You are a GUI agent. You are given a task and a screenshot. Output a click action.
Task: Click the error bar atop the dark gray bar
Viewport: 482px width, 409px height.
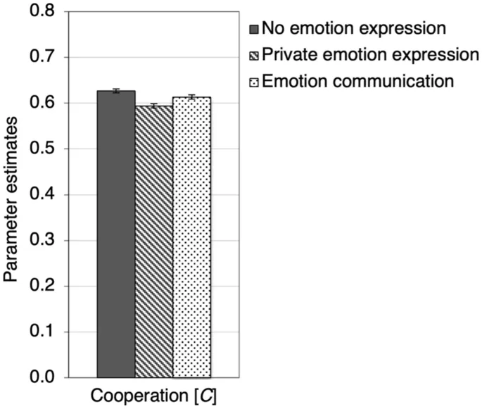tap(115, 91)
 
